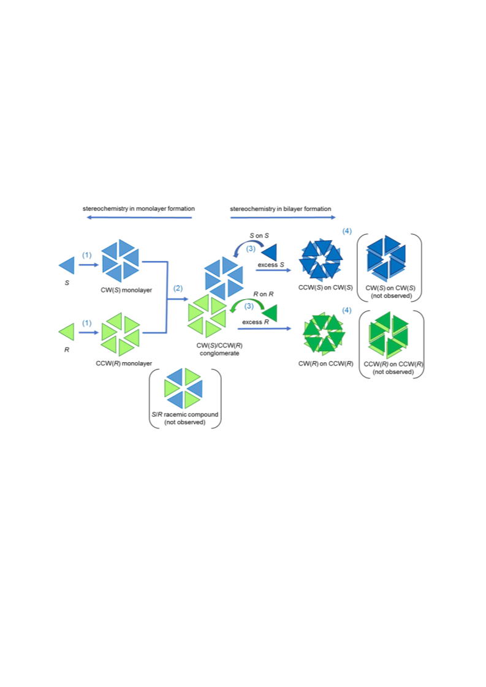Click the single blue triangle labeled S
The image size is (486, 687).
(x=69, y=265)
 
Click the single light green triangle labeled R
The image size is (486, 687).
(x=68, y=332)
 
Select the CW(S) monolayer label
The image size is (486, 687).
(x=126, y=290)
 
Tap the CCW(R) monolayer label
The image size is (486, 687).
(x=124, y=363)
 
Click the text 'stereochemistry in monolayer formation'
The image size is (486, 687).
(x=139, y=208)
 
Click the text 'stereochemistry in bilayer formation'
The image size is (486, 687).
(x=281, y=209)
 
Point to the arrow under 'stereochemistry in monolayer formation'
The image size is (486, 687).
(x=139, y=218)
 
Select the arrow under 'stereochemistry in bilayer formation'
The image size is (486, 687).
(x=283, y=218)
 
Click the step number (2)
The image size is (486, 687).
(x=178, y=288)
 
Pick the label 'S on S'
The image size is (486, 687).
(x=259, y=236)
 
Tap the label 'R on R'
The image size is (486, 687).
(x=264, y=294)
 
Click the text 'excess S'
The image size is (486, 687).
(x=271, y=265)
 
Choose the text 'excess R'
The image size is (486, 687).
(x=256, y=322)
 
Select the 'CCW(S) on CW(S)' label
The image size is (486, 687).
(x=325, y=287)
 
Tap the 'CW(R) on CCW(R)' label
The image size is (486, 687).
(x=325, y=363)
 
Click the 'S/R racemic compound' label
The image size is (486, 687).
(x=185, y=414)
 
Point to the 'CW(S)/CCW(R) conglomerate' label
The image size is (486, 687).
(x=219, y=349)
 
